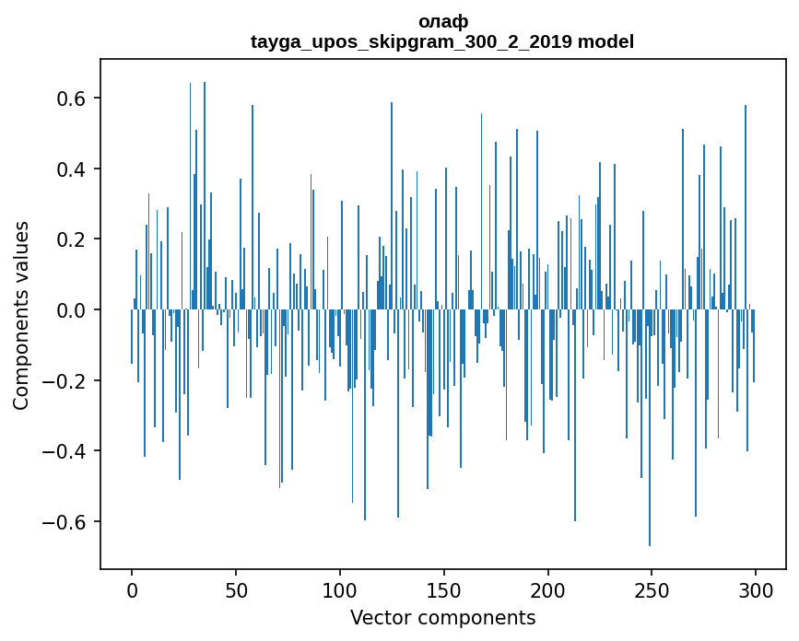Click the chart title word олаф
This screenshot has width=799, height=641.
pos(442,21)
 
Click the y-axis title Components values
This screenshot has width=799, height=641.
pos(21,315)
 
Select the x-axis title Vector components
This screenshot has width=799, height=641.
pos(442,617)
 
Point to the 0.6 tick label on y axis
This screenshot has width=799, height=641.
pos(71,99)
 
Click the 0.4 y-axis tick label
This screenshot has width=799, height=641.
pos(71,169)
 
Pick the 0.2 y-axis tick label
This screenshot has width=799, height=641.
pos(71,239)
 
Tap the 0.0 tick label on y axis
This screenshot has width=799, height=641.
pos(71,310)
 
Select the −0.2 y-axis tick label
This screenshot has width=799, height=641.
pos(65,381)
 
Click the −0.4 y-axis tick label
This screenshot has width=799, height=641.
pos(65,451)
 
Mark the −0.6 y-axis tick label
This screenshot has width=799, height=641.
pos(65,522)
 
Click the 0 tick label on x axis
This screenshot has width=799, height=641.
pos(132,590)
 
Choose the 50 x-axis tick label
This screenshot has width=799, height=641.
pos(236,590)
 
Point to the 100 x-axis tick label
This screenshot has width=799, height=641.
pos(340,590)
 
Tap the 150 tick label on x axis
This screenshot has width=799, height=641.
pos(444,590)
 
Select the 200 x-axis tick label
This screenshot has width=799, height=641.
pos(548,590)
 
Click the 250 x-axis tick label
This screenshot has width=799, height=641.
pos(652,590)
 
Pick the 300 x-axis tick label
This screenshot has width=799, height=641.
pos(757,590)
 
